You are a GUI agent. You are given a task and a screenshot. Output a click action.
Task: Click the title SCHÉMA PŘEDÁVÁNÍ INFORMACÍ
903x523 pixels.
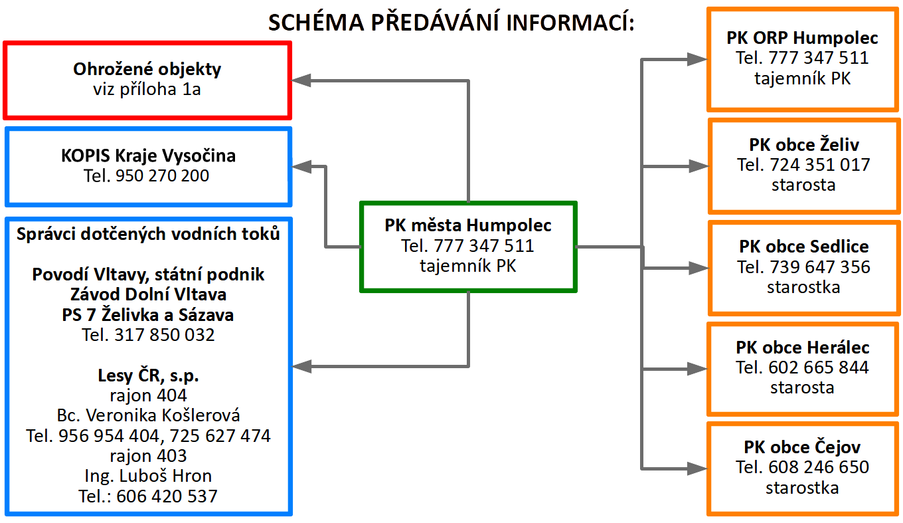click(451, 23)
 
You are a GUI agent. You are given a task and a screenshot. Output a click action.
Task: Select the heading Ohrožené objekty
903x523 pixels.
click(147, 69)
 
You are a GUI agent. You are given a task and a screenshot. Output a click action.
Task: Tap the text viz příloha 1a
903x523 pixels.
click(147, 90)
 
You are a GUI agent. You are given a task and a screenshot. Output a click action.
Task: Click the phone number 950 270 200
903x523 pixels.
click(162, 176)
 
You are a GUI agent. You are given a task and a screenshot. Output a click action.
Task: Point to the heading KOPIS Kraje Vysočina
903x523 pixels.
click(148, 156)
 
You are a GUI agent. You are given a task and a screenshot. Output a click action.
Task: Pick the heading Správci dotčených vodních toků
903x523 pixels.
click(148, 234)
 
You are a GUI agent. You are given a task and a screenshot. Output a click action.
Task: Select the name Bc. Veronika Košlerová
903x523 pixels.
click(149, 416)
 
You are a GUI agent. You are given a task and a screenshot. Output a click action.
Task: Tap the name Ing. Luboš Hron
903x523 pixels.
click(148, 476)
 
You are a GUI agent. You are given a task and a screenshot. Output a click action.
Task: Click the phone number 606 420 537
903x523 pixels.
click(167, 496)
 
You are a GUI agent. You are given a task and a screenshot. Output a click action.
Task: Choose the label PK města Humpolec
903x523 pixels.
click(468, 226)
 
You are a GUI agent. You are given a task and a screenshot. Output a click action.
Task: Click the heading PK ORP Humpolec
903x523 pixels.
click(802, 38)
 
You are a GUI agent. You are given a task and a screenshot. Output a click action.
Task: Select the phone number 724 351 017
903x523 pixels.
click(819, 165)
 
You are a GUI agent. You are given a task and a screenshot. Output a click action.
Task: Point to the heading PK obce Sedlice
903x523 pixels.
click(803, 247)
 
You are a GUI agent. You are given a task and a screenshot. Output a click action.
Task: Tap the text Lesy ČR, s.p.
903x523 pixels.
click(148, 375)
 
